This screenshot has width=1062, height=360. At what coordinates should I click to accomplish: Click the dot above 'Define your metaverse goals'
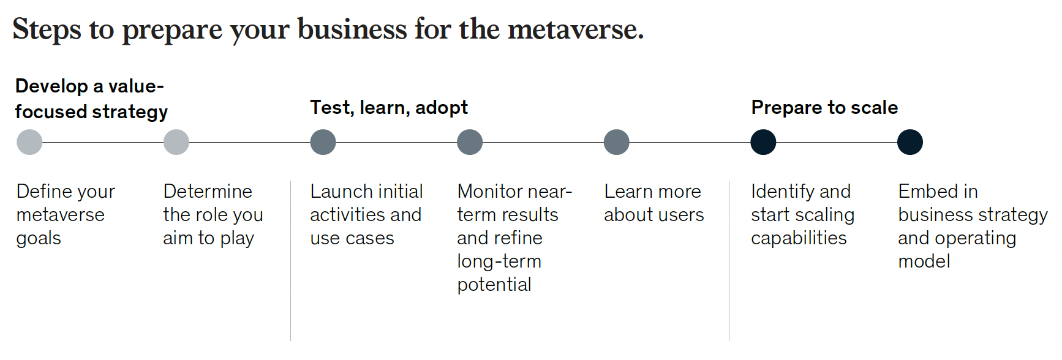click(29, 142)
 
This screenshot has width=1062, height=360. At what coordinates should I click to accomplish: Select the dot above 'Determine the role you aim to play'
click(176, 142)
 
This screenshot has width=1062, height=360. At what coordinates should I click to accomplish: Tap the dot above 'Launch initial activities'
click(323, 142)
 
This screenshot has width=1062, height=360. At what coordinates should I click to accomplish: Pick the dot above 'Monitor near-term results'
click(470, 142)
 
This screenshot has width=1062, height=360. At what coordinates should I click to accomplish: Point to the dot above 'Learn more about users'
click(616, 142)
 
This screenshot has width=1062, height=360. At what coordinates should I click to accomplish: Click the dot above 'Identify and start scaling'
click(763, 142)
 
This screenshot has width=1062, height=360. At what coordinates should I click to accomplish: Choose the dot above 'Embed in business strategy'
click(910, 142)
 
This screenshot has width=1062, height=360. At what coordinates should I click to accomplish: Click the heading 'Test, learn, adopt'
click(389, 108)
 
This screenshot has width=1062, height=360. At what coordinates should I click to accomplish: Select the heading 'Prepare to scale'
click(824, 108)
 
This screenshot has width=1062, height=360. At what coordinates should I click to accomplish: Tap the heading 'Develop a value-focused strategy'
click(91, 99)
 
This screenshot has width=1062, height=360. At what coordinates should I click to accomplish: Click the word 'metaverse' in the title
click(576, 29)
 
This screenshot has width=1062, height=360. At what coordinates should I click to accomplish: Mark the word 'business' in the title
click(352, 29)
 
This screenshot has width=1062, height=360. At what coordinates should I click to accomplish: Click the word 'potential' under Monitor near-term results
click(494, 285)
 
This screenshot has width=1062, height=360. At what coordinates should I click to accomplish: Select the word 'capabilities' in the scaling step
click(799, 239)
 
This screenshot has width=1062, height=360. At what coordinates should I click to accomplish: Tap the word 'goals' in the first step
click(39, 239)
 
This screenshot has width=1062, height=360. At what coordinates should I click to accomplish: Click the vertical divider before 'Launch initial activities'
click(291, 260)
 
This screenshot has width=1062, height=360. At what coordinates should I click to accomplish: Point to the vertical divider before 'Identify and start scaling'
click(729, 260)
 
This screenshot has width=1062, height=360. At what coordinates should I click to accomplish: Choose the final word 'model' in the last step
click(924, 261)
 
